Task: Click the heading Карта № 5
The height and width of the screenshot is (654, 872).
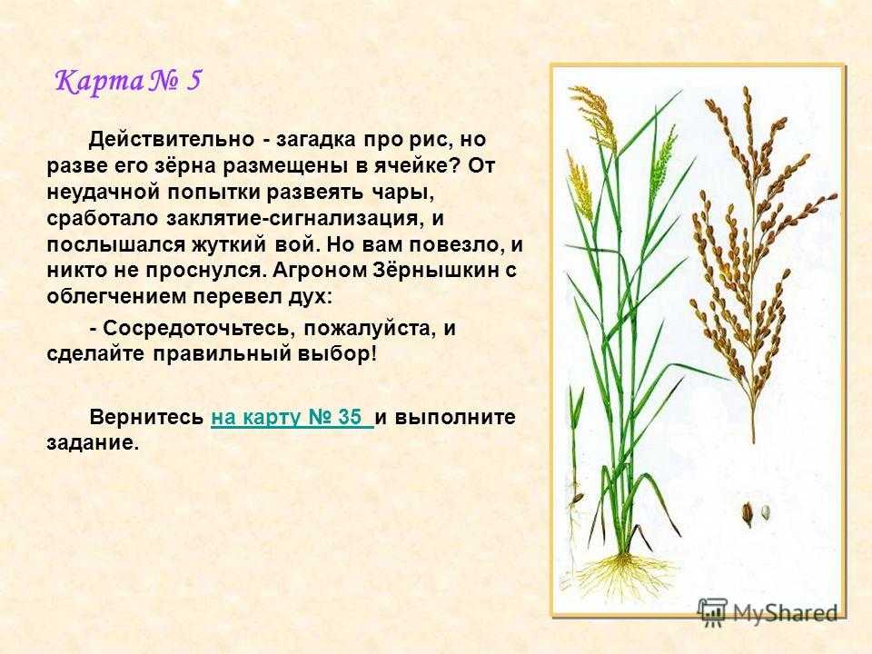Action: pyautogui.click(x=128, y=81)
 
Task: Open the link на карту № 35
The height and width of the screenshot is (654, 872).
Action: pyautogui.click(x=292, y=417)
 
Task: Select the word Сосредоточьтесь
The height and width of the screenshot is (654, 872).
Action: pyautogui.click(x=197, y=328)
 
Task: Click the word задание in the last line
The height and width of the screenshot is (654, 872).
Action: pyautogui.click(x=91, y=443)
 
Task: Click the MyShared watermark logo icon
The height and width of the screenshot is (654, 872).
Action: pyautogui.click(x=713, y=614)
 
